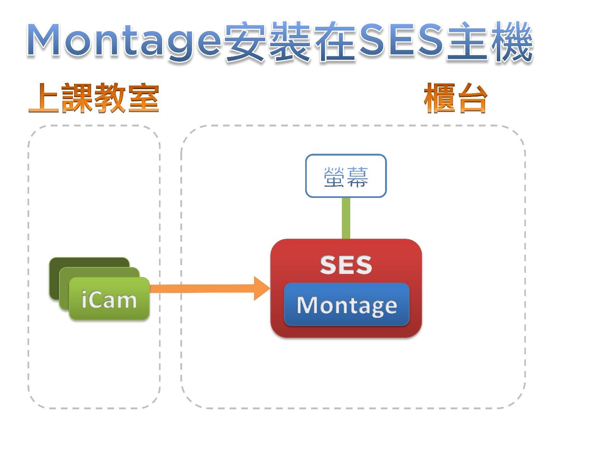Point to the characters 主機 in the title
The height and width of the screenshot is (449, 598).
click(489, 41)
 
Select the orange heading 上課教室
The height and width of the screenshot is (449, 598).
click(94, 98)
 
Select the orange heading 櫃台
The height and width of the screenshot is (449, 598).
click(455, 98)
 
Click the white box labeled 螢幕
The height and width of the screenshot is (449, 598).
click(346, 176)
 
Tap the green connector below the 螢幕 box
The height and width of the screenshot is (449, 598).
click(346, 218)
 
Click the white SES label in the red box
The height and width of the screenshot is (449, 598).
click(346, 265)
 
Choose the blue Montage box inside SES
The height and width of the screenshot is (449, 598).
click(346, 305)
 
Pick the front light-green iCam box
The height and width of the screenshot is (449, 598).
click(109, 299)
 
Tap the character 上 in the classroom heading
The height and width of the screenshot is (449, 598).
click(44, 98)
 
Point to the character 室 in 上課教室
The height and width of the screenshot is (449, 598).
click(143, 98)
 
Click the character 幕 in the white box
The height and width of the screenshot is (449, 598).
click(357, 177)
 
